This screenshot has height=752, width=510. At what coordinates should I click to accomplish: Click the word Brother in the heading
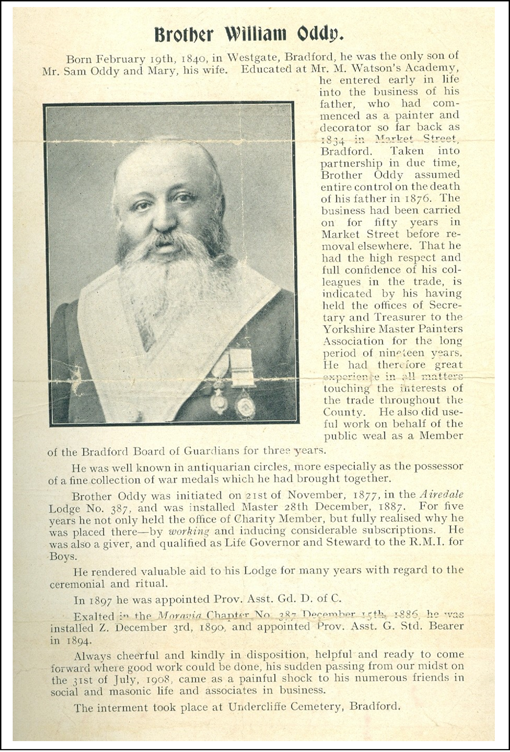click(x=184, y=35)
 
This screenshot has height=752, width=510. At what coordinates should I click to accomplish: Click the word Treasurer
click(x=400, y=317)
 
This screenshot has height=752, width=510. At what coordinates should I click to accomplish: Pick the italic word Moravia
click(x=179, y=615)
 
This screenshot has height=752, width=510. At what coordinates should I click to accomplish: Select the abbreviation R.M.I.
click(x=429, y=542)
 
